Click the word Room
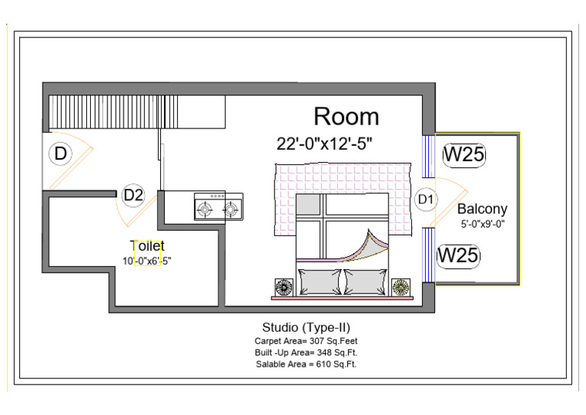pos(346,116)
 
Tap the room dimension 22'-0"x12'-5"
pos(324,144)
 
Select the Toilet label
pos(146,246)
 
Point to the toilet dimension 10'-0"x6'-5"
pos(146,261)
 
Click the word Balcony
pos(482,209)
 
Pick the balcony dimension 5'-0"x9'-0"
pos(483,224)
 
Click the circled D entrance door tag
pos(60,154)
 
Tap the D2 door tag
pos(134,195)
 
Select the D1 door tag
pos(426,199)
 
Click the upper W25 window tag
pos(464,154)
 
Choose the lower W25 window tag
pos(458,255)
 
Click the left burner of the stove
pos(204,209)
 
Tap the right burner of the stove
pos(230,209)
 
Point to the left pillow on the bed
pos(320,282)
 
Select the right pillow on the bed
pos(366,282)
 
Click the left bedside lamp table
pos(284,287)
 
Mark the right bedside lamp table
pos(401,287)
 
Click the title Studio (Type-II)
pos(306,327)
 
